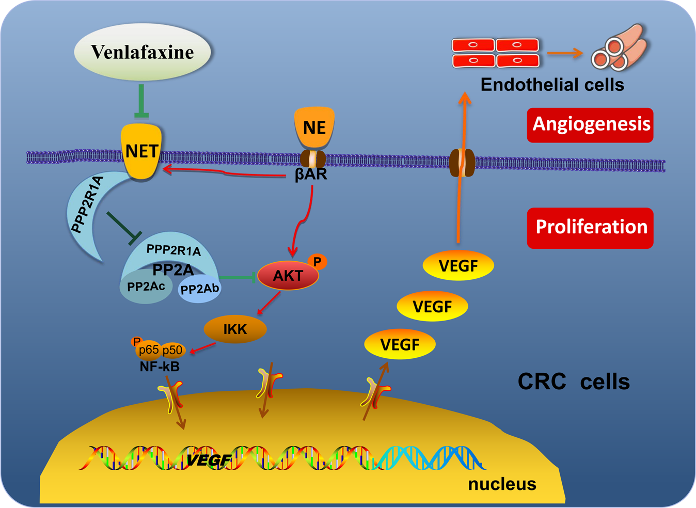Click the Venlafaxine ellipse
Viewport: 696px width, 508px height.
coord(143,53)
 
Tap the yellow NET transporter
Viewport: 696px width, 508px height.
coord(141,151)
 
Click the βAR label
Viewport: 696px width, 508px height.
coord(311,174)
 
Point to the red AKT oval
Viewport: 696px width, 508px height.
coord(288,276)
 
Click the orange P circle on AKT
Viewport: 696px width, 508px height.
coord(317,262)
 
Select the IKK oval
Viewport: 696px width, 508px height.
coord(235,329)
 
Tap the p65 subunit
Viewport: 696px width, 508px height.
coord(148,350)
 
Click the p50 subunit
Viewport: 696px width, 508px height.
coord(172,351)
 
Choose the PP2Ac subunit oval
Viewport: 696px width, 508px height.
coord(146,287)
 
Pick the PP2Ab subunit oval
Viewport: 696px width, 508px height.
coord(200,289)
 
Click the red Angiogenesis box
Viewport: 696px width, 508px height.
coord(590,125)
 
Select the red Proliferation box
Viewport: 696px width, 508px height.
coord(590,228)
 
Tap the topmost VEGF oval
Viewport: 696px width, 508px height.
coord(458,266)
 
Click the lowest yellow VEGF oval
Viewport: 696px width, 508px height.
coord(400,344)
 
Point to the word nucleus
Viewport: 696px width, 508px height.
coord(502,484)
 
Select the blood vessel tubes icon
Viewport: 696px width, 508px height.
coord(619,49)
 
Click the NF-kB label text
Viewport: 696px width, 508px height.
coord(160,367)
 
